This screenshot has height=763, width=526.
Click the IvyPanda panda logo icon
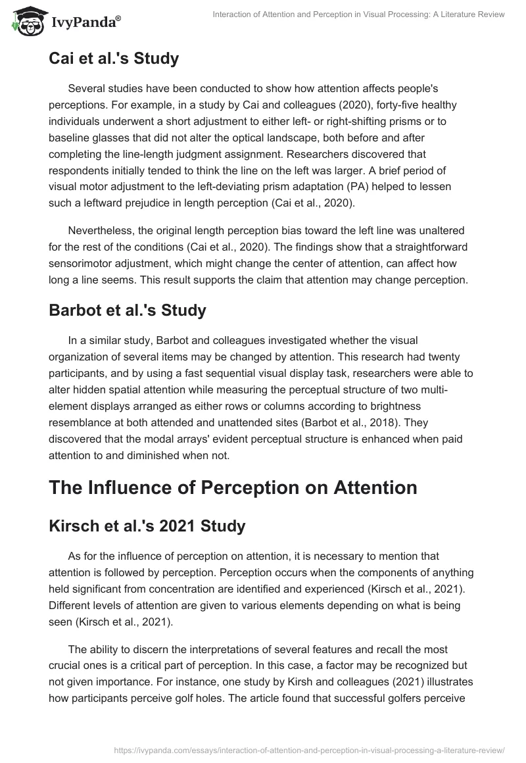click(x=25, y=20)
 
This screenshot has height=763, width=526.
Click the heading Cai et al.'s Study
click(x=114, y=59)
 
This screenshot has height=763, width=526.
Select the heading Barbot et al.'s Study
click(x=128, y=310)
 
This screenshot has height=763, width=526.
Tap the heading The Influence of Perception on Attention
click(x=233, y=487)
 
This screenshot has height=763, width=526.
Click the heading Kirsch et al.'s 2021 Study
click(x=148, y=526)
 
